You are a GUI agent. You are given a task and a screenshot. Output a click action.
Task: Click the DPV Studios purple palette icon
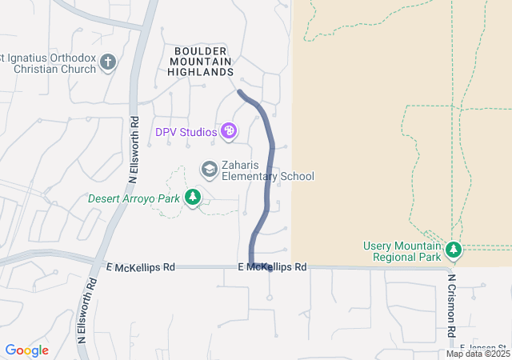pos(229,130)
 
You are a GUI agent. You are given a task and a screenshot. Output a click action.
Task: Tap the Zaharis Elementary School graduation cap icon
pos(210,169)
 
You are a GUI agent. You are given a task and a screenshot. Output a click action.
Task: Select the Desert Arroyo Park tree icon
pos(192,197)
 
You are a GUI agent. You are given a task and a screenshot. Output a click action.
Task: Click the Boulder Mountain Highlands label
pos(200,62)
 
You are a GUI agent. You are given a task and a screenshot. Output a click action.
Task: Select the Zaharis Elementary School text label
pos(268,171)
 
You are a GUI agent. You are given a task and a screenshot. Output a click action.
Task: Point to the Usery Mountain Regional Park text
pos(402,251)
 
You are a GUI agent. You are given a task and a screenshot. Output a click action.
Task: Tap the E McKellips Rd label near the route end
pos(272,266)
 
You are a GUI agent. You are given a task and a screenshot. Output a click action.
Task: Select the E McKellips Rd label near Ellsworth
pos(140,266)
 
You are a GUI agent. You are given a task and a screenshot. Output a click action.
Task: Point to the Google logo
pos(27,350)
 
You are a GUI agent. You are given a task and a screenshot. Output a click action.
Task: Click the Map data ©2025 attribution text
pos(478,354)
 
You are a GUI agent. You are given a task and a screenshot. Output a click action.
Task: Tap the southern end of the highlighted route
pos(270,268)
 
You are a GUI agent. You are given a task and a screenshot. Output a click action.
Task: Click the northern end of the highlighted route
pos(240,92)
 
